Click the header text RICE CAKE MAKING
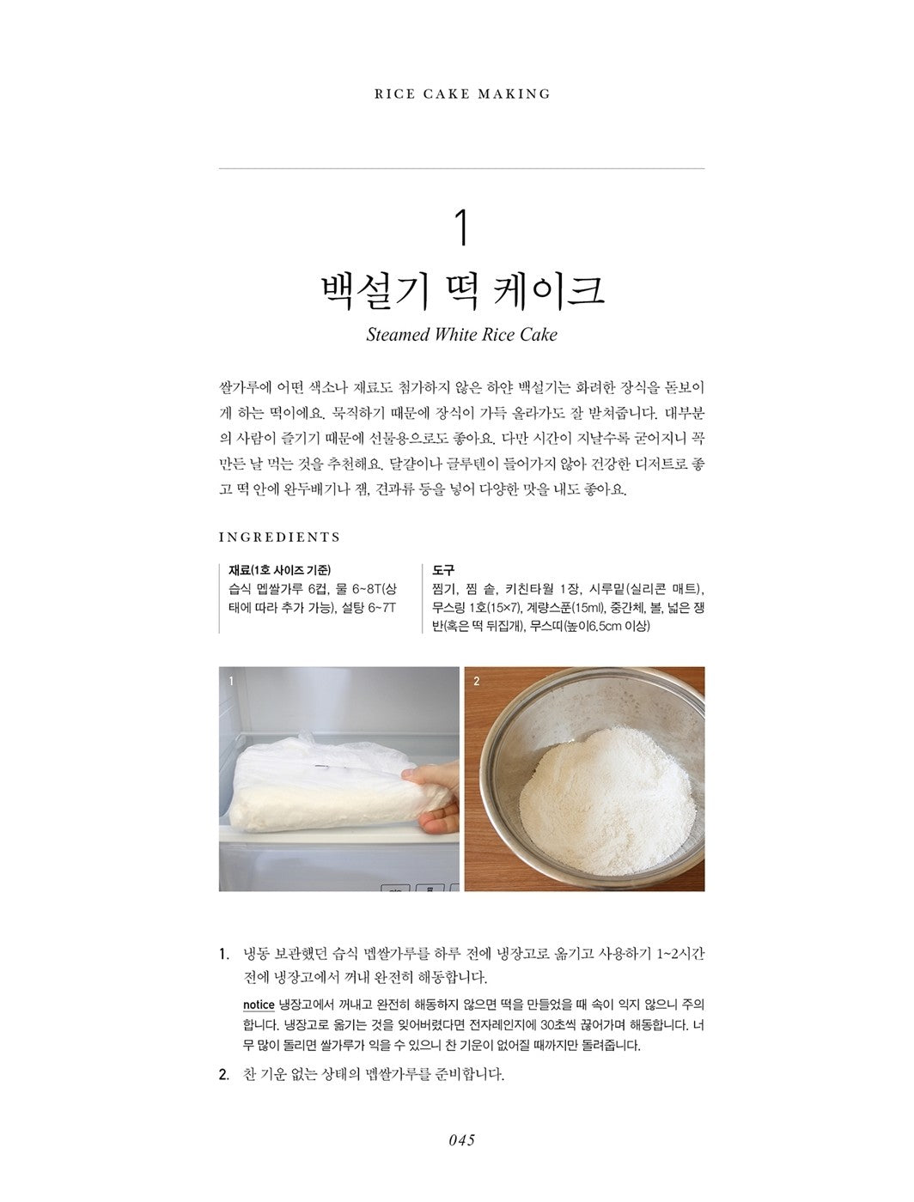462,94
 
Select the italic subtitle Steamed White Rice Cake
461,335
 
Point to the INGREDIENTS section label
280,537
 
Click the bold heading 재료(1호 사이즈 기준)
280,570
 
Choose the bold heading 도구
444,570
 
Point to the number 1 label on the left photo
231,681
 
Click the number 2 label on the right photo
477,681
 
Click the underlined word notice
259,1005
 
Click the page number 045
461,1140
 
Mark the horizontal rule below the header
462,168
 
